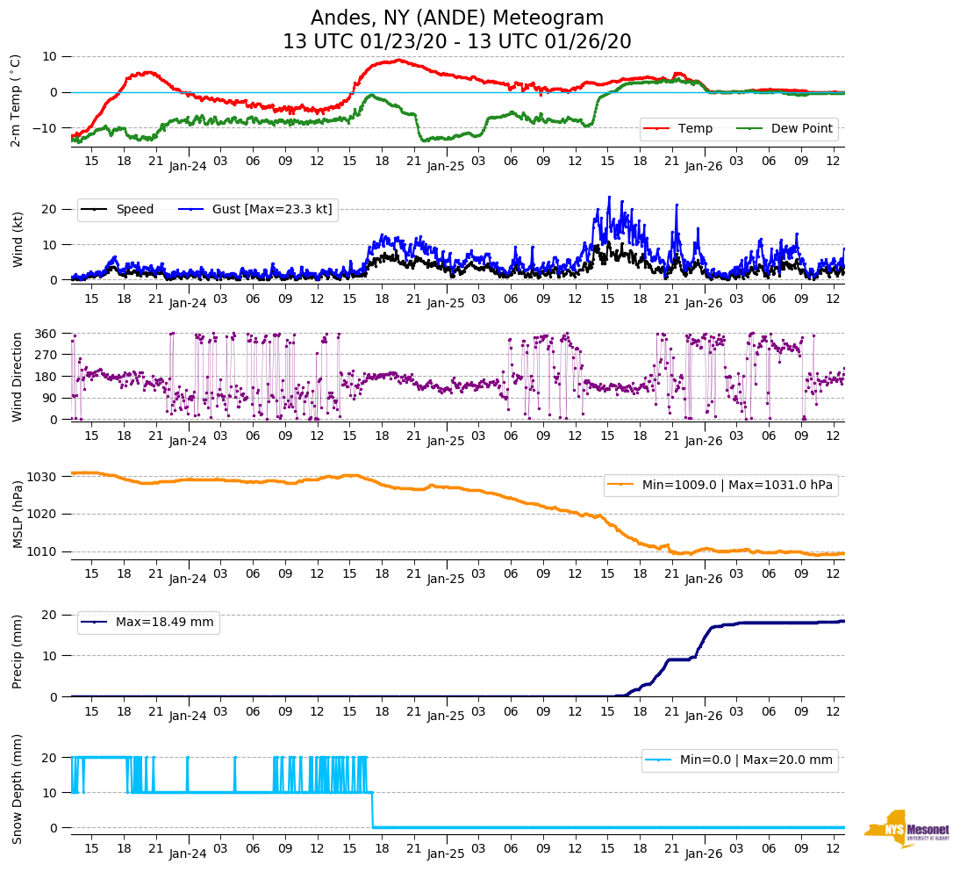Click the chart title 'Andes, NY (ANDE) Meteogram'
pos(457,18)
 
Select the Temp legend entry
pos(692,128)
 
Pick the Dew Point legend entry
pos(801,128)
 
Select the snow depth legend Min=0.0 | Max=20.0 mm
pos(755,760)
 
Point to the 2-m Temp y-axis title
pos(15,99)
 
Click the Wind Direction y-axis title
pos(17,377)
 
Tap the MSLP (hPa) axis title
pos(17,515)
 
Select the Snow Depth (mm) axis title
pos(17,789)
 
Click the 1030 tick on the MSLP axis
pos(45,477)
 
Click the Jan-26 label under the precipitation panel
pos(703,717)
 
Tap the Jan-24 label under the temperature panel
pos(187,166)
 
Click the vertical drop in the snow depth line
pos(373,810)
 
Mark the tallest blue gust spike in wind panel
pos(609,198)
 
